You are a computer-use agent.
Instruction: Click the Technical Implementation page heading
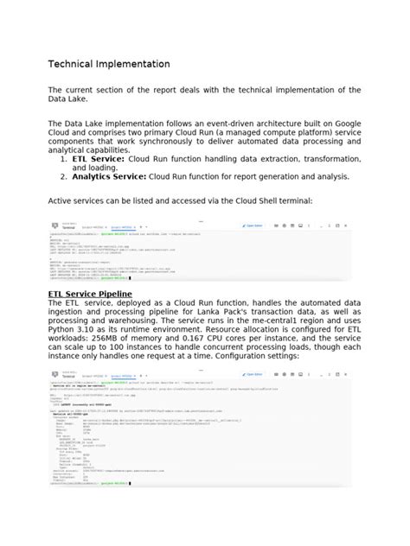[x=109, y=65]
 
